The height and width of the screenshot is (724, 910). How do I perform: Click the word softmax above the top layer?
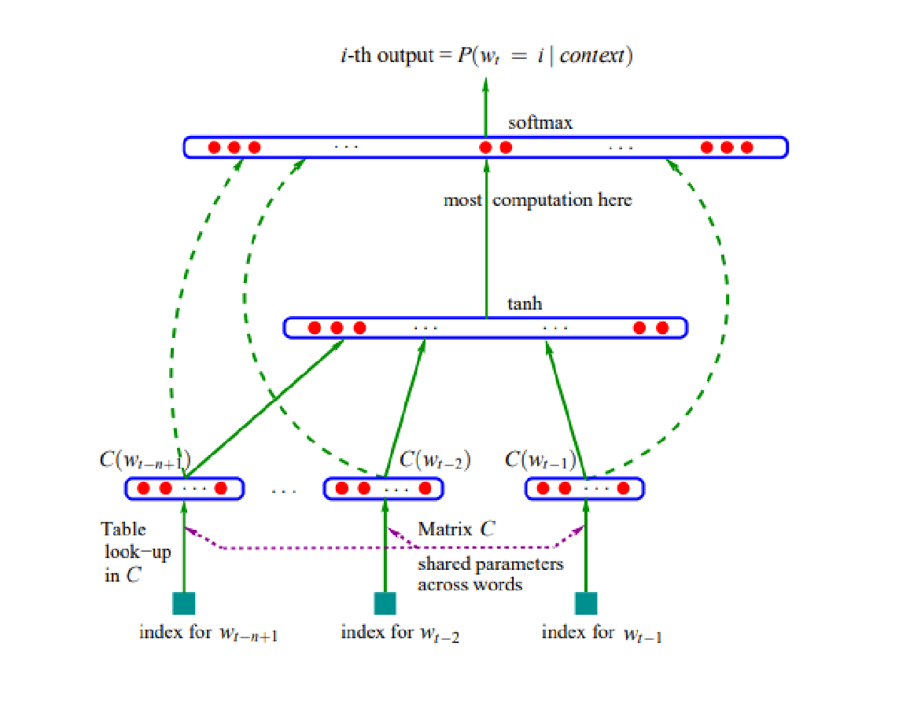click(x=540, y=123)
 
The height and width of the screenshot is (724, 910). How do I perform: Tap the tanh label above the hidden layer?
click(x=525, y=303)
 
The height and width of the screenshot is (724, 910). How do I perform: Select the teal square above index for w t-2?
click(x=385, y=603)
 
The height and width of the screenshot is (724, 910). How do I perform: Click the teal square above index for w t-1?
click(x=586, y=603)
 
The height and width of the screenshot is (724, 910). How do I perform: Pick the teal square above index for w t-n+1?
click(x=183, y=603)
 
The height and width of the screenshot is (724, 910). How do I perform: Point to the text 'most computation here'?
click(x=537, y=200)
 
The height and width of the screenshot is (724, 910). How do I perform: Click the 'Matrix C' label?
click(x=456, y=529)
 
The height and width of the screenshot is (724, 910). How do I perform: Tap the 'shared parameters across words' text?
click(x=490, y=574)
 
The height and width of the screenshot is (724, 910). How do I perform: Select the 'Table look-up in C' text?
click(x=130, y=552)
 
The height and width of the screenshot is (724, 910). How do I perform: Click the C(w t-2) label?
click(x=435, y=459)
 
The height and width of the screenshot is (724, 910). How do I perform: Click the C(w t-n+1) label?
click(x=143, y=459)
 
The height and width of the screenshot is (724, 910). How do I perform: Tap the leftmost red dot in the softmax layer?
click(x=214, y=147)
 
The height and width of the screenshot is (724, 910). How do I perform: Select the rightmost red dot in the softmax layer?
click(x=747, y=147)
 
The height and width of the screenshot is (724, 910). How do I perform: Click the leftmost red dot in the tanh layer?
click(x=314, y=327)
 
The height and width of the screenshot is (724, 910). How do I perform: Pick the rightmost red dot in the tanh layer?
click(x=662, y=327)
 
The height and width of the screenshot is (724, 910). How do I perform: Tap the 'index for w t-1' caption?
click(x=602, y=634)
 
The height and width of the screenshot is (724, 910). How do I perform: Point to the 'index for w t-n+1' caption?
click(x=208, y=634)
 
